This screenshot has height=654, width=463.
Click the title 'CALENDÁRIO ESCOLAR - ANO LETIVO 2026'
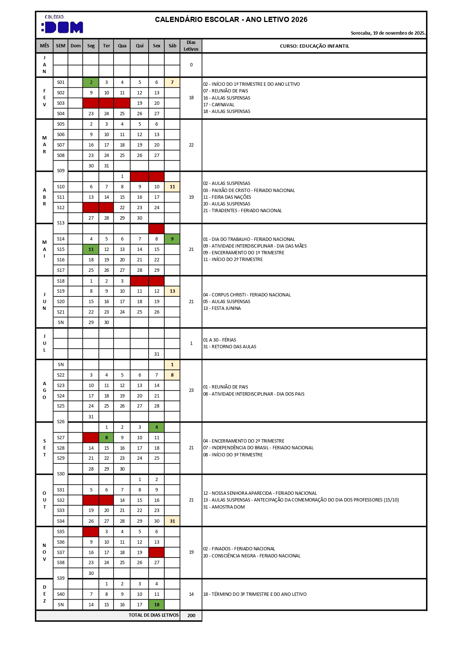[x=231, y=20]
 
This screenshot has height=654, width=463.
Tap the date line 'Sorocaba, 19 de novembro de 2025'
[x=388, y=33]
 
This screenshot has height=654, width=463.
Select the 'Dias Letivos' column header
[x=191, y=46]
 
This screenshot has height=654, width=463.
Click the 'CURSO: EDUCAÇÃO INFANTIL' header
[x=314, y=46]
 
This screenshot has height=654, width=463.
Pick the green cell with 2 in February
[x=91, y=82]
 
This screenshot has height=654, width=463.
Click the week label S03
[x=61, y=103]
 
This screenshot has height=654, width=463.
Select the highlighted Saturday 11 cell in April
[x=172, y=187]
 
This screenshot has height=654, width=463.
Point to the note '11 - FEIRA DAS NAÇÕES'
[x=227, y=197]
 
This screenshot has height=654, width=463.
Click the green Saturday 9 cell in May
[x=172, y=239]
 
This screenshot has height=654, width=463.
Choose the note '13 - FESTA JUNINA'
[x=222, y=308]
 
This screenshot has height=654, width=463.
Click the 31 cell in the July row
[x=156, y=354]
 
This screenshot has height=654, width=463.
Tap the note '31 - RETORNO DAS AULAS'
[x=230, y=347]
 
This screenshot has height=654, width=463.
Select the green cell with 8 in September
[x=106, y=438]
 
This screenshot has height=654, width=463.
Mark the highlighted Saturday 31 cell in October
[x=172, y=521]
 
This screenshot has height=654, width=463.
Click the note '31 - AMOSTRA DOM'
[x=224, y=507]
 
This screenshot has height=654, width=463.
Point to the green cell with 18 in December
[x=156, y=605]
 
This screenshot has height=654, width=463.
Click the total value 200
[x=191, y=616]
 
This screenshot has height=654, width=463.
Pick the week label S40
[x=61, y=594]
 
